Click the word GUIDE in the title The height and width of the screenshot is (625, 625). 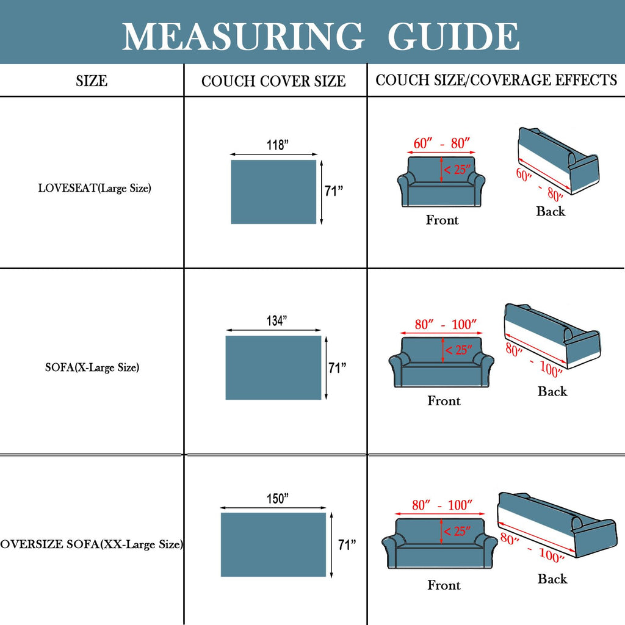pyautogui.click(x=453, y=36)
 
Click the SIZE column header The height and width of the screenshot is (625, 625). pyautogui.click(x=92, y=81)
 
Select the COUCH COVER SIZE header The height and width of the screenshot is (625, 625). pyautogui.click(x=273, y=81)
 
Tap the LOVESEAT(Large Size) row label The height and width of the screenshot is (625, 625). pyautogui.click(x=95, y=188)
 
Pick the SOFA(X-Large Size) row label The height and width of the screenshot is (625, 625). pyautogui.click(x=92, y=367)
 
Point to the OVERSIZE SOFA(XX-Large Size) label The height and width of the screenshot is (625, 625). pyautogui.click(x=92, y=544)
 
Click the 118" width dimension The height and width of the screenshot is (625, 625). pyautogui.click(x=278, y=145)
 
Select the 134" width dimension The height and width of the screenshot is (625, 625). pyautogui.click(x=277, y=320)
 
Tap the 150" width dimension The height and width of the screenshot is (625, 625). pyautogui.click(x=278, y=498)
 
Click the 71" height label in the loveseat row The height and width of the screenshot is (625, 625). pyautogui.click(x=334, y=191)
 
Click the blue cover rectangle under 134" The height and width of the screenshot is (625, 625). pyautogui.click(x=273, y=367)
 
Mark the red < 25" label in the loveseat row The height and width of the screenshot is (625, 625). pyautogui.click(x=458, y=170)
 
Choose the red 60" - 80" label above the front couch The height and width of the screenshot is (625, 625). pyautogui.click(x=442, y=143)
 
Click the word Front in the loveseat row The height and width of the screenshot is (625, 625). pyautogui.click(x=442, y=220)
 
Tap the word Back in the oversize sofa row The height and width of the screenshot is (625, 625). pyautogui.click(x=552, y=579)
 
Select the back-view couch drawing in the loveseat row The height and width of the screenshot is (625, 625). pyautogui.click(x=558, y=161)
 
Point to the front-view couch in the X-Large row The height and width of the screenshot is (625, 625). pyautogui.click(x=441, y=362)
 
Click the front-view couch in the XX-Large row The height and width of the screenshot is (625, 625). pyautogui.click(x=439, y=543)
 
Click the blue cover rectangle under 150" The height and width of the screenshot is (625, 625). pyautogui.click(x=273, y=544)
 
